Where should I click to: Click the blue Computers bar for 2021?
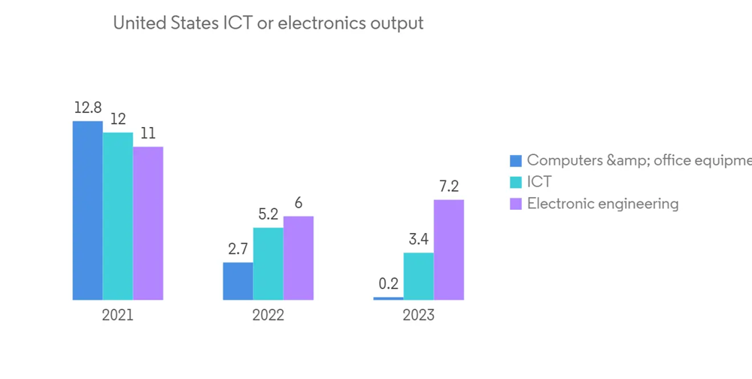click(x=87, y=211)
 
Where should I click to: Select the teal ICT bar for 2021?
click(x=118, y=217)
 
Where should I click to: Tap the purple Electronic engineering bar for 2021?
click(x=148, y=223)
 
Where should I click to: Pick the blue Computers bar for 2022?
click(x=238, y=281)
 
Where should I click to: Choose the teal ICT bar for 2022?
click(x=268, y=264)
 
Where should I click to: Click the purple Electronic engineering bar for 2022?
click(x=299, y=258)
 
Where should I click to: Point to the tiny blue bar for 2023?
click(x=388, y=299)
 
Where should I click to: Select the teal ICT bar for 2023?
click(x=419, y=276)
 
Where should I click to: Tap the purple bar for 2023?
click(x=449, y=250)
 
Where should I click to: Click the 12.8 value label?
click(x=87, y=108)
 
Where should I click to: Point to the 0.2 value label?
click(x=388, y=284)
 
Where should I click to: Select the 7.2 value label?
click(x=449, y=186)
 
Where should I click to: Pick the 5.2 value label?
click(x=268, y=214)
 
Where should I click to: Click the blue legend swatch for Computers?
click(x=515, y=160)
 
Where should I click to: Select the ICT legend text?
click(x=539, y=182)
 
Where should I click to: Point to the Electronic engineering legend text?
click(x=602, y=204)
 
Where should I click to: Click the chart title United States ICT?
click(x=268, y=23)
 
